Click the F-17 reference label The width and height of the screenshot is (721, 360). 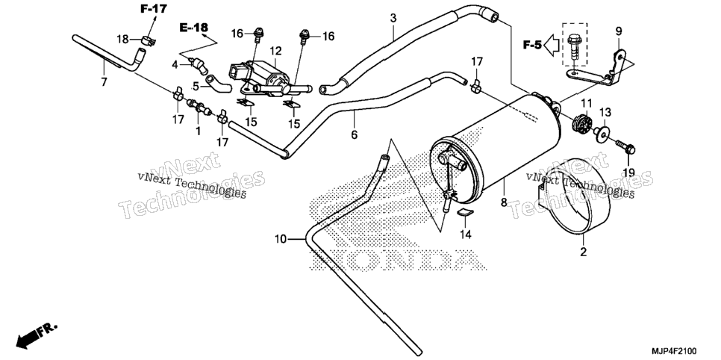(154, 8)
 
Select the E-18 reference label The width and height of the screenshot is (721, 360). (193, 28)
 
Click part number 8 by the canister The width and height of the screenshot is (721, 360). (504, 202)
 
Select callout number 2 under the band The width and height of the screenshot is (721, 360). (583, 252)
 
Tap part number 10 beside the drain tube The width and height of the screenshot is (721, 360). (281, 239)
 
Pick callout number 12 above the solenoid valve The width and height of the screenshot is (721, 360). (275, 50)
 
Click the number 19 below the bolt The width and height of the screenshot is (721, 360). (628, 173)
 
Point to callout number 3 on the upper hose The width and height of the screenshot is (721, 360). (393, 19)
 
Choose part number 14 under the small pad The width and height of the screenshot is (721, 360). (466, 235)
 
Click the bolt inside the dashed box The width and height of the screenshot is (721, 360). (573, 46)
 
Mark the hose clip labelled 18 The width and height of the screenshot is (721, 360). (148, 40)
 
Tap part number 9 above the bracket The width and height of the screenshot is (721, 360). (619, 31)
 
